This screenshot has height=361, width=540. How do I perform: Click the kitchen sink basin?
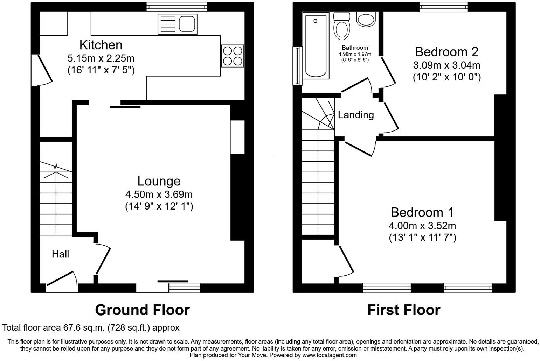tap(187, 24)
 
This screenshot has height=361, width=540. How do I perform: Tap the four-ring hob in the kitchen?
tap(233, 56)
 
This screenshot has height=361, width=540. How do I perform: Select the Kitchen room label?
tap(101, 45)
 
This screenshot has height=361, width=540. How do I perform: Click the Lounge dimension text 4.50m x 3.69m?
tap(159, 194)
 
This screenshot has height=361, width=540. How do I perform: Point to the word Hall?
tap(60, 254)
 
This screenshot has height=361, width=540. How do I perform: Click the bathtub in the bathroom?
tap(316, 46)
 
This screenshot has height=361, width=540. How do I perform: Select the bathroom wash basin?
tap(366, 19)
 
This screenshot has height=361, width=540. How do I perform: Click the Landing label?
tap(356, 115)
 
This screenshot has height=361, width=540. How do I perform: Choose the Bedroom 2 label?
tap(447, 52)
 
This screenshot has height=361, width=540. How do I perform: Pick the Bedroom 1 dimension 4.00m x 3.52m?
tap(422, 226)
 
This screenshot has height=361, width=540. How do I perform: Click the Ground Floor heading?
tap(143, 310)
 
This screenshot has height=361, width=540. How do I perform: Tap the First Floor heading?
tap(404, 310)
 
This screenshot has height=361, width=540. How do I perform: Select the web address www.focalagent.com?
tap(330, 355)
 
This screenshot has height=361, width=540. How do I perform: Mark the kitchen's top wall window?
tap(177, 7)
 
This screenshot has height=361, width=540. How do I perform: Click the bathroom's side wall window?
tap(297, 66)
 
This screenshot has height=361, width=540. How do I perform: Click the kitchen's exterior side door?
tap(42, 70)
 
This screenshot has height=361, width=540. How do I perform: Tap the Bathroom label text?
tap(355, 48)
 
